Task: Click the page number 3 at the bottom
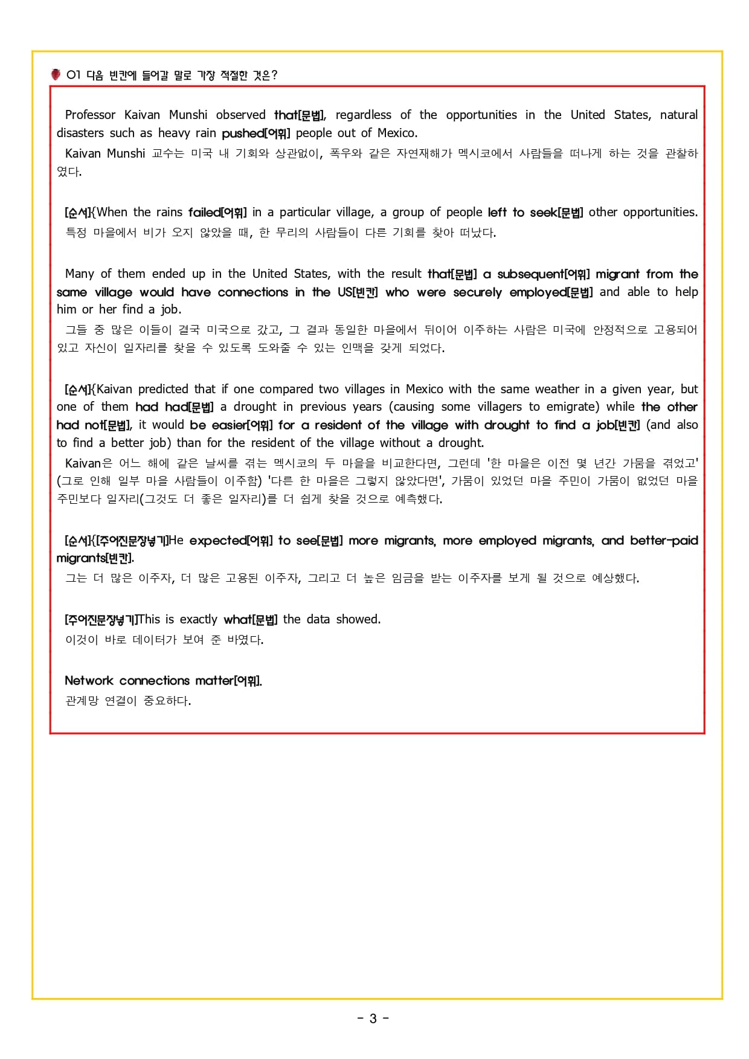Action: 373,1019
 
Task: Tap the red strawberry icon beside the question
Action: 56,75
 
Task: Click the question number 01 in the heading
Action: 73,75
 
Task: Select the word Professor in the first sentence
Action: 90,115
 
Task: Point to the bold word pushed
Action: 243,133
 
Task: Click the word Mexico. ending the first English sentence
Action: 397,133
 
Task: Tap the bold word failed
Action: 204,212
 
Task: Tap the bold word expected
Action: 218,541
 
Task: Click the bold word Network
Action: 89,681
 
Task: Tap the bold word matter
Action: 214,681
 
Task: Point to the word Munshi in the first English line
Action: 188,115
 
